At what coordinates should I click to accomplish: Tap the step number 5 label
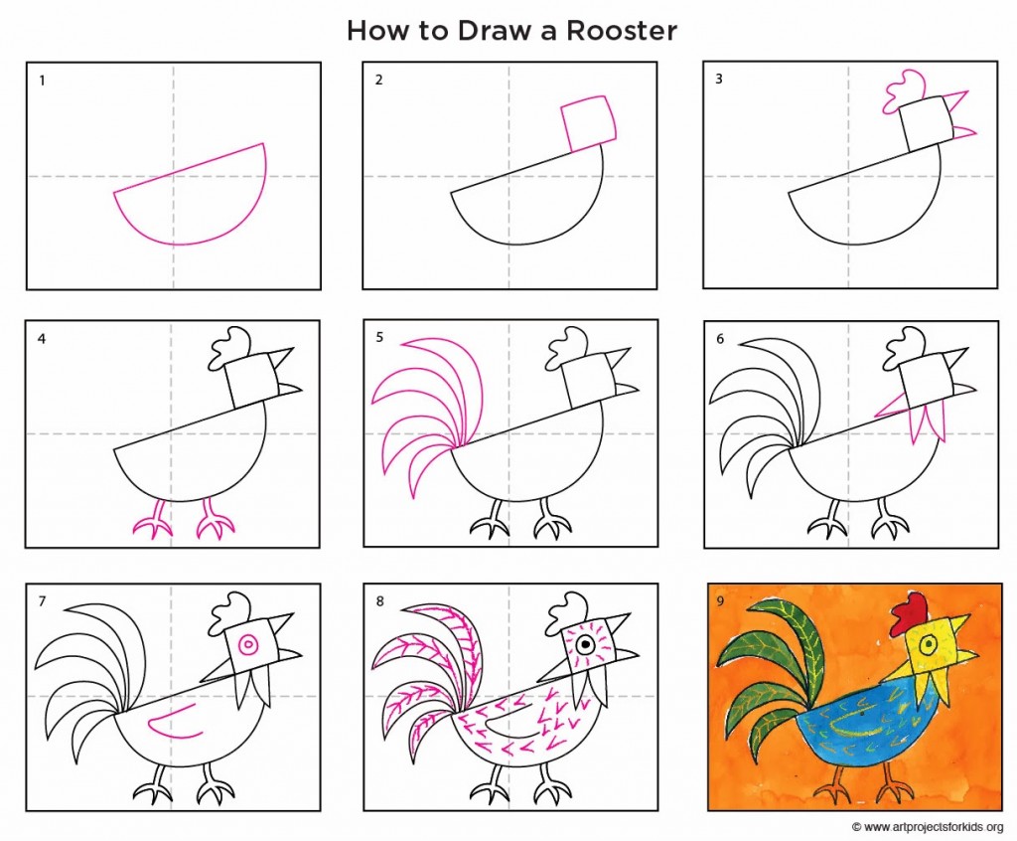point(378,338)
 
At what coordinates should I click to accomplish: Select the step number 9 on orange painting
point(719,599)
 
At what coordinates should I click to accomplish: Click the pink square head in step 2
point(589,122)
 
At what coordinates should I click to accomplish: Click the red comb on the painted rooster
point(909,613)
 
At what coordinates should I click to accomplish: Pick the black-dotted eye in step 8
point(585,645)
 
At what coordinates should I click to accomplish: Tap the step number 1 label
point(42,81)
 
